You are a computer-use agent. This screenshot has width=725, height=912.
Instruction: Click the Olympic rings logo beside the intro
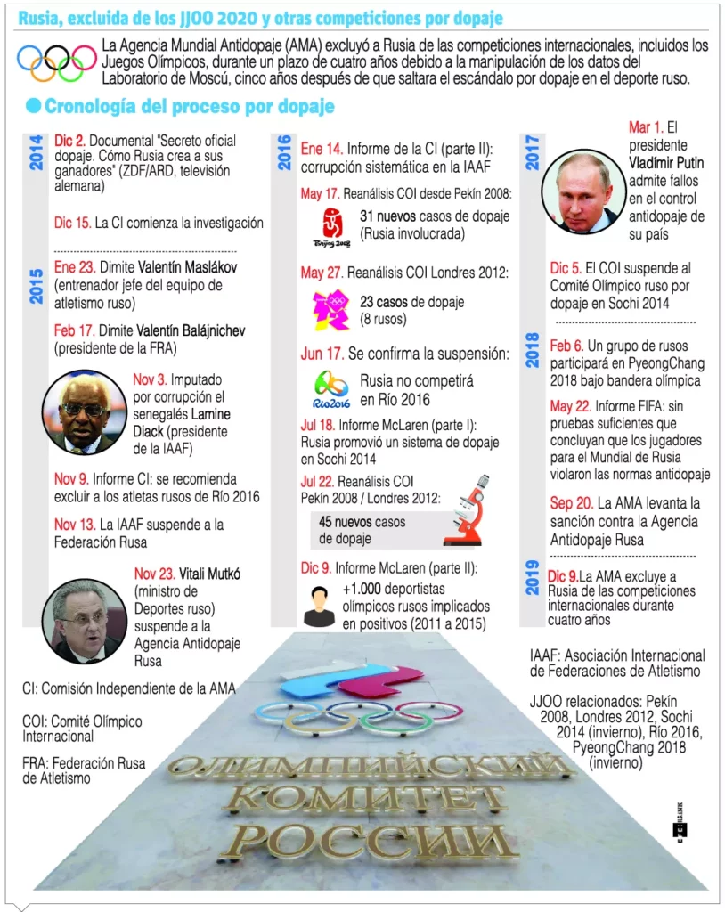coord(57,63)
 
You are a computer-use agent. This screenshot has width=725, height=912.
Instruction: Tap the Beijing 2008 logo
coord(331,227)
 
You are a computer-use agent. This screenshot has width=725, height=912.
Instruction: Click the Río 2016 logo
coord(331,387)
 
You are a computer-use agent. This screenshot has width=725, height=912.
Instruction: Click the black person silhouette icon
coord(318,606)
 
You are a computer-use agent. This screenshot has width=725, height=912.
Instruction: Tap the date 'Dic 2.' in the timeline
coord(69,142)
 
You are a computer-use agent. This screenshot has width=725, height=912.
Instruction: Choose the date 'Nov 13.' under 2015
coord(75,525)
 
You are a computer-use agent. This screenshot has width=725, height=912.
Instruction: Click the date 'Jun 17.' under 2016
coord(322,354)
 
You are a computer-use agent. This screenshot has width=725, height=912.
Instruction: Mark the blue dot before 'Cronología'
coord(34,107)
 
